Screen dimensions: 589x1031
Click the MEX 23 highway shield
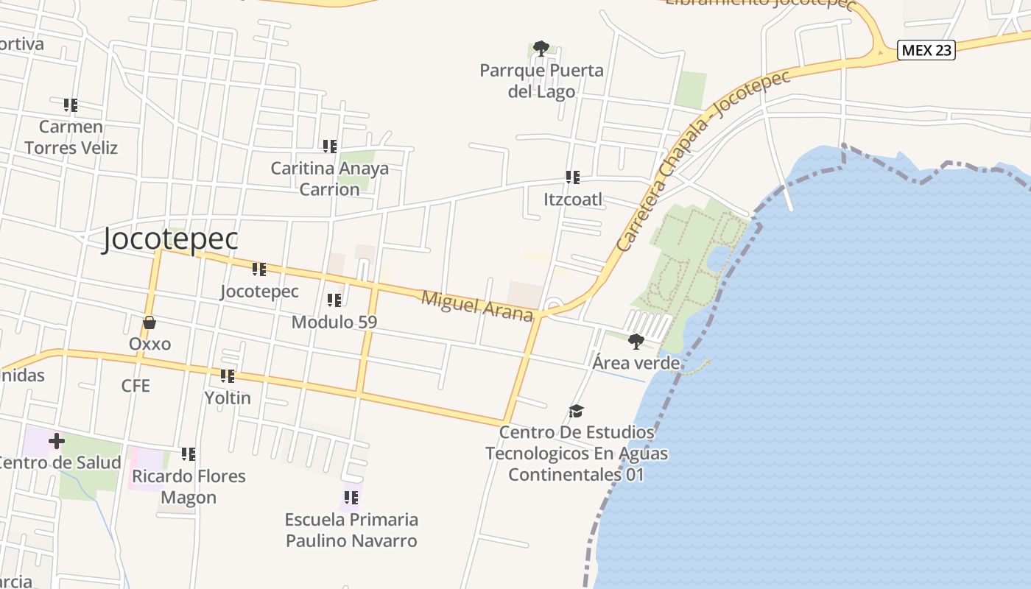pos(926,50)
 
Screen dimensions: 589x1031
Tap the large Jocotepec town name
pos(170,239)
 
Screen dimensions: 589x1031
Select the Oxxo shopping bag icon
pos(149,322)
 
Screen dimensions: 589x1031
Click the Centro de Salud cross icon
pos(56,442)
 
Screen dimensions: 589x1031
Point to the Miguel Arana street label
pos(477,306)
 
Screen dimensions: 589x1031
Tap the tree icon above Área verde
pos(636,341)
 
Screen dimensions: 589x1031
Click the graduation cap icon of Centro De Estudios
pos(576,411)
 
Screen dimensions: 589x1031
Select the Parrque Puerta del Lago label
pos(541,81)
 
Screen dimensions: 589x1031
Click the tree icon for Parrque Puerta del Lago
pos(541,49)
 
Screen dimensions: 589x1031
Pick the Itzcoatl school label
pos(572,200)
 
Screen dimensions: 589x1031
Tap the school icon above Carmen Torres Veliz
pos(71,105)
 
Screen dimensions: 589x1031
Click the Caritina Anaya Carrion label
pos(329,178)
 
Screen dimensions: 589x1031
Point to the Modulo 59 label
pos(334,322)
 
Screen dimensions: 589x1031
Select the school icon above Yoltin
pos(228,376)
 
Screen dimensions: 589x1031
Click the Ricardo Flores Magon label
pos(189,487)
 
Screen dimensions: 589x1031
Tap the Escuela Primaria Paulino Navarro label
pos(351,530)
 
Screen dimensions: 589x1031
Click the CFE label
pos(136,386)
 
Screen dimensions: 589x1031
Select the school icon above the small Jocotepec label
pos(259,269)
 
